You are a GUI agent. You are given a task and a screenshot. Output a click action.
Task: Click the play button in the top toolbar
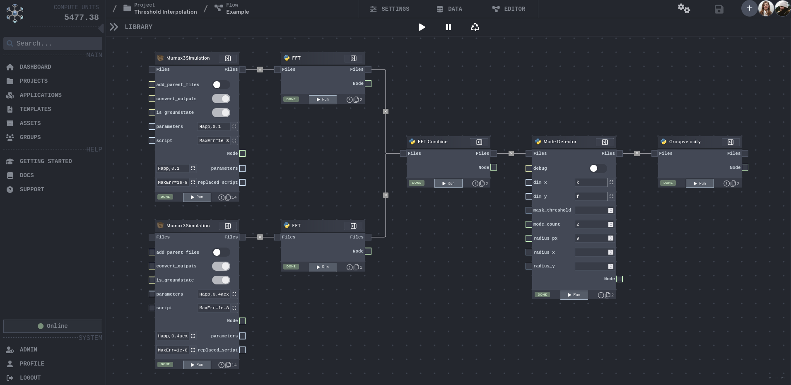click(x=422, y=27)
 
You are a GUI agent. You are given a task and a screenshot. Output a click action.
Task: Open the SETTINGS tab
click(x=389, y=9)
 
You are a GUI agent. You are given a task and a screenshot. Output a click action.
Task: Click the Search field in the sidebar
click(x=53, y=43)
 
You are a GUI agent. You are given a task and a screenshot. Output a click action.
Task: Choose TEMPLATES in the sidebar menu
click(x=35, y=109)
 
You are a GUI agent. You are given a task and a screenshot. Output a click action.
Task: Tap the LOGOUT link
click(x=30, y=378)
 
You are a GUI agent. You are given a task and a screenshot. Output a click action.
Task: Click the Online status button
click(x=53, y=326)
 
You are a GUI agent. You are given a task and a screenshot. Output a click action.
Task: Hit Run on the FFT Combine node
click(x=448, y=183)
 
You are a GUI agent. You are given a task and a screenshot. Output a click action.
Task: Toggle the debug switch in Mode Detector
click(x=598, y=168)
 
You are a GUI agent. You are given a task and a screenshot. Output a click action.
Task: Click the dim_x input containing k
click(x=591, y=182)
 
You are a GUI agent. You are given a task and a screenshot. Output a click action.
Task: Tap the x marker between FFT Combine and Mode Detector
click(x=511, y=154)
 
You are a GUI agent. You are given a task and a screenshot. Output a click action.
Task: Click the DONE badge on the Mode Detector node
click(x=542, y=295)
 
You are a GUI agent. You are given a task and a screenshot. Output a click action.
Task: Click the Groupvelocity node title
click(x=685, y=142)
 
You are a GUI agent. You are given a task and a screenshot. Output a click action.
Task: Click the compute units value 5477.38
click(x=81, y=17)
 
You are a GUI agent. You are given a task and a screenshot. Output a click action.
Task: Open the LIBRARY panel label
click(x=138, y=27)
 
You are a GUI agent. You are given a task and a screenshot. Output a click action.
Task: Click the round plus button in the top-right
click(x=749, y=8)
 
